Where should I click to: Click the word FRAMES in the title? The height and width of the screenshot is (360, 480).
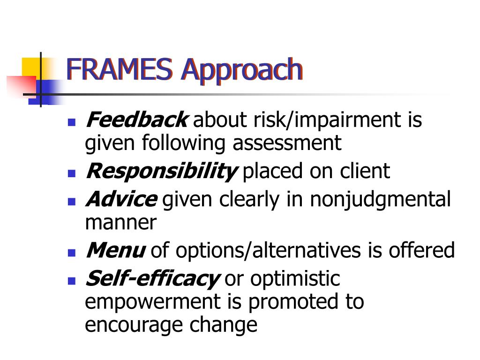pos(120,69)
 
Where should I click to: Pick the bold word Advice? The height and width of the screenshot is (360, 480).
pos(121,200)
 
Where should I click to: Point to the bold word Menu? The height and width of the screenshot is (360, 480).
pos(115,251)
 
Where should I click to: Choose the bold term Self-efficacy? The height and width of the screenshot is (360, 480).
pos(152,279)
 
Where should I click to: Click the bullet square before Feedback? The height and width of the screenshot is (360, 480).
pos(72,122)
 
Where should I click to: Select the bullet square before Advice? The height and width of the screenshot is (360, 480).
pos(72,202)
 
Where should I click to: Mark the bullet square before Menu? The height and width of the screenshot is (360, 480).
pos(72,253)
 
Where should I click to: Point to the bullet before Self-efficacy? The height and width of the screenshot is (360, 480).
pos(72,281)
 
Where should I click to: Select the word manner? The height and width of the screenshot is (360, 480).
pos(120,222)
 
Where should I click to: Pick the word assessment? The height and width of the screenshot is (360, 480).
pos(287,142)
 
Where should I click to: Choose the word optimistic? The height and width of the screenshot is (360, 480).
pos(295,279)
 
